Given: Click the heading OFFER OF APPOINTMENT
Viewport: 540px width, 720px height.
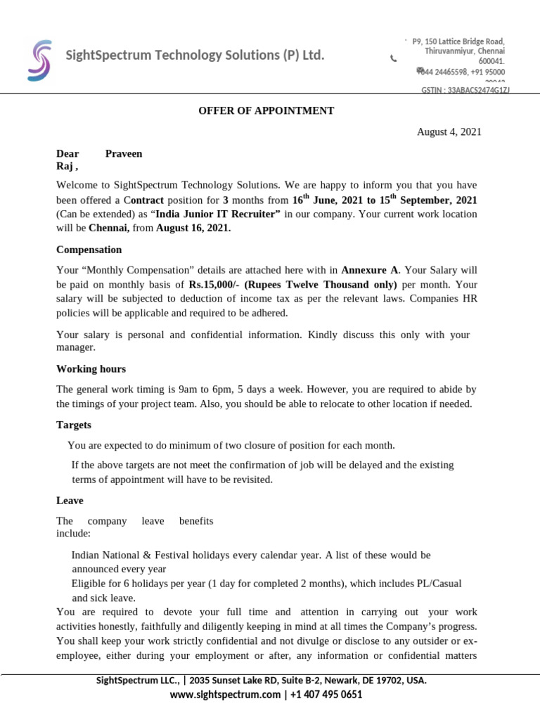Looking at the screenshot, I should tap(266, 111).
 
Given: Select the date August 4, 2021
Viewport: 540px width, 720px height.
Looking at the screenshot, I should tap(449, 132).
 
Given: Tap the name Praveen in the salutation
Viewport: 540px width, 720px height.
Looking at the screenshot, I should tap(124, 153).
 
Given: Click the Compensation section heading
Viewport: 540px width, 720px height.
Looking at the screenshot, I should tap(89, 250).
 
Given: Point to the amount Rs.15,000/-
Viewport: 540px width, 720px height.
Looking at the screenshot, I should tap(214, 285).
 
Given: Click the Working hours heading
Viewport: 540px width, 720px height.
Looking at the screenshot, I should tap(91, 368).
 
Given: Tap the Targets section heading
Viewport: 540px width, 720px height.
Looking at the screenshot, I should tap(74, 425).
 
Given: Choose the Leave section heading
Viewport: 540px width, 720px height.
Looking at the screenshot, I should tap(70, 501).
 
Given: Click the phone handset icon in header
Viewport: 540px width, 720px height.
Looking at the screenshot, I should tap(393, 59).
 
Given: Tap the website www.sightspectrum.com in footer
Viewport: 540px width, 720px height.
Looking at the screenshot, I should tap(225, 695).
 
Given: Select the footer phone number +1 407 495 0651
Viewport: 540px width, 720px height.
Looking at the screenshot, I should tap(326, 695).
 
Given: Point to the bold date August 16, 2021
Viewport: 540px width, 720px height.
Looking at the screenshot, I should tap(193, 228).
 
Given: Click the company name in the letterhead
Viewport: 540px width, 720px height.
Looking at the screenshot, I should tap(195, 55).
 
